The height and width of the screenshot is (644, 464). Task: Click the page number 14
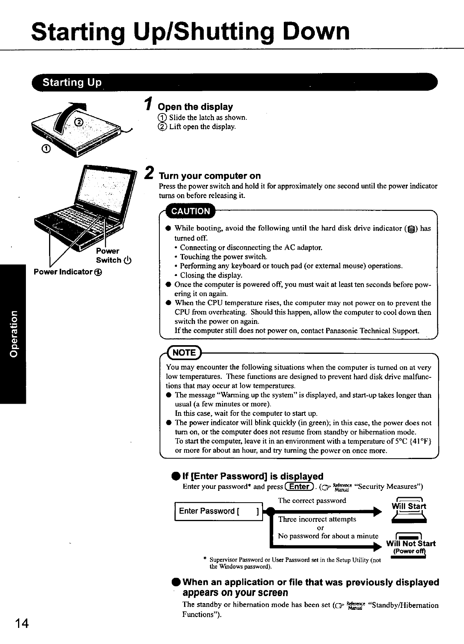click(x=22, y=624)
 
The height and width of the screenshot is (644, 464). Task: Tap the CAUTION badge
click(x=191, y=211)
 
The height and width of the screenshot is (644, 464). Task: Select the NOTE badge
click(x=184, y=352)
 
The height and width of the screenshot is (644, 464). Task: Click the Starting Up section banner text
click(x=72, y=82)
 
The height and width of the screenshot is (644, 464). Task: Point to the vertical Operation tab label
click(x=13, y=334)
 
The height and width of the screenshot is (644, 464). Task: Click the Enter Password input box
click(x=218, y=511)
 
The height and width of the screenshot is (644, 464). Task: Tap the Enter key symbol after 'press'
click(x=300, y=487)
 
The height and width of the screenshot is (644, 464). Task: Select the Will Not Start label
click(x=411, y=543)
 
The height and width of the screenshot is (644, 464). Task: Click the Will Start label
click(x=409, y=506)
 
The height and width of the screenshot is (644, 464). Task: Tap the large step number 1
click(x=148, y=103)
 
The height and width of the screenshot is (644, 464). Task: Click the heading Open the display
click(x=195, y=107)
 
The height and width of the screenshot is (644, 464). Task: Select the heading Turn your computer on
click(x=210, y=176)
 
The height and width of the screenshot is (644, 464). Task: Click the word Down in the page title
click(x=318, y=31)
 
